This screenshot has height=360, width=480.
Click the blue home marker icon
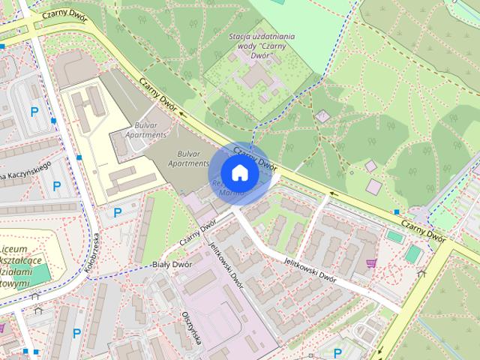[238, 172]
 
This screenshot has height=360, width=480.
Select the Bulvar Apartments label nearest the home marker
[187, 162]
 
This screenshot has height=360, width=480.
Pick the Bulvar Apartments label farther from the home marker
[151, 134]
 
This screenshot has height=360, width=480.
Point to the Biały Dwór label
[172, 264]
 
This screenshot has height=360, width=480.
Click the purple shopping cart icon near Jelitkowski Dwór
[370, 262]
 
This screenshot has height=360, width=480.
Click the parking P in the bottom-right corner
[337, 352]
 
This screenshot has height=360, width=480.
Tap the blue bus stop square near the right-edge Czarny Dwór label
[397, 211]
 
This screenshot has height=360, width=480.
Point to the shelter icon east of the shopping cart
[422, 273]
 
